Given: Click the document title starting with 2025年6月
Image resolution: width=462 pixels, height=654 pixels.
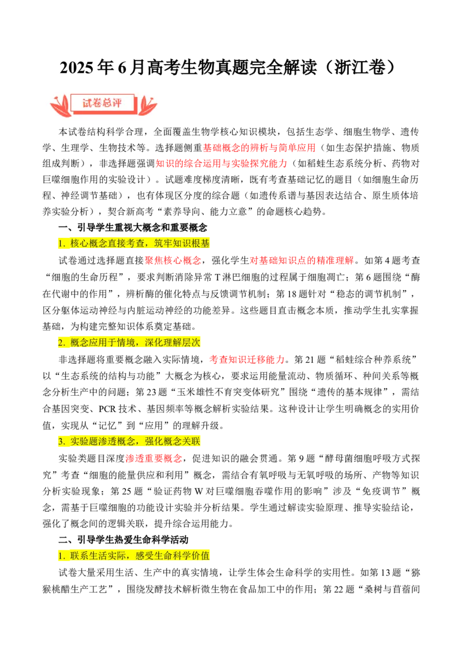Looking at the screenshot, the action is click(x=228, y=68).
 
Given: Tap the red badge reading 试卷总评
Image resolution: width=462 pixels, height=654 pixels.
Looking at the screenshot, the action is click(x=103, y=103).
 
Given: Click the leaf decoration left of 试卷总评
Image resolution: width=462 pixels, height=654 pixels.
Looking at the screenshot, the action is click(x=59, y=106).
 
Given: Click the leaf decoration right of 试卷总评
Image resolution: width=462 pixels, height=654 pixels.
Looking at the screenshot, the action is click(x=147, y=106).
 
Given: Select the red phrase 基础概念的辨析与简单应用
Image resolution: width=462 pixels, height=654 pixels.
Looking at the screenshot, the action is click(x=259, y=148).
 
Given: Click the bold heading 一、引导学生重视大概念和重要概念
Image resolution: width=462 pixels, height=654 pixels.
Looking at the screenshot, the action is click(x=133, y=228).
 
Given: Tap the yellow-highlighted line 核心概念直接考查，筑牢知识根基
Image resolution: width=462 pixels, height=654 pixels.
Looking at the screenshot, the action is click(x=134, y=244).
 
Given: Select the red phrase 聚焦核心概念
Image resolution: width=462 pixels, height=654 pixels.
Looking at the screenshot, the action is click(x=173, y=261).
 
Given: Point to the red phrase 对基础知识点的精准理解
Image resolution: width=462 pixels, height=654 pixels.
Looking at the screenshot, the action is click(x=301, y=261).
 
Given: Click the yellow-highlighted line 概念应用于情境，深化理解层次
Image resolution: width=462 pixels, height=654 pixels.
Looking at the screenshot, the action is click(x=129, y=343).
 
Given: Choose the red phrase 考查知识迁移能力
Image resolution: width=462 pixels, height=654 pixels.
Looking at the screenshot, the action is click(x=247, y=359).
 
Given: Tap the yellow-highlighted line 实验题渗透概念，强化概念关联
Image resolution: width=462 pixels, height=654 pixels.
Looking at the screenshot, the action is click(x=129, y=442).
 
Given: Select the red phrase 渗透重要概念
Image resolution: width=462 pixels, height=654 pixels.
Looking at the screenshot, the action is click(x=154, y=458).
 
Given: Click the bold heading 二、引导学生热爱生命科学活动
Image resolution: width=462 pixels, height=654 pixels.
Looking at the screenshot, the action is click(x=124, y=540).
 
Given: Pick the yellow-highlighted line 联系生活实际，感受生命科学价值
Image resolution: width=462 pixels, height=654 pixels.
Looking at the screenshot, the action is click(x=134, y=556).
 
